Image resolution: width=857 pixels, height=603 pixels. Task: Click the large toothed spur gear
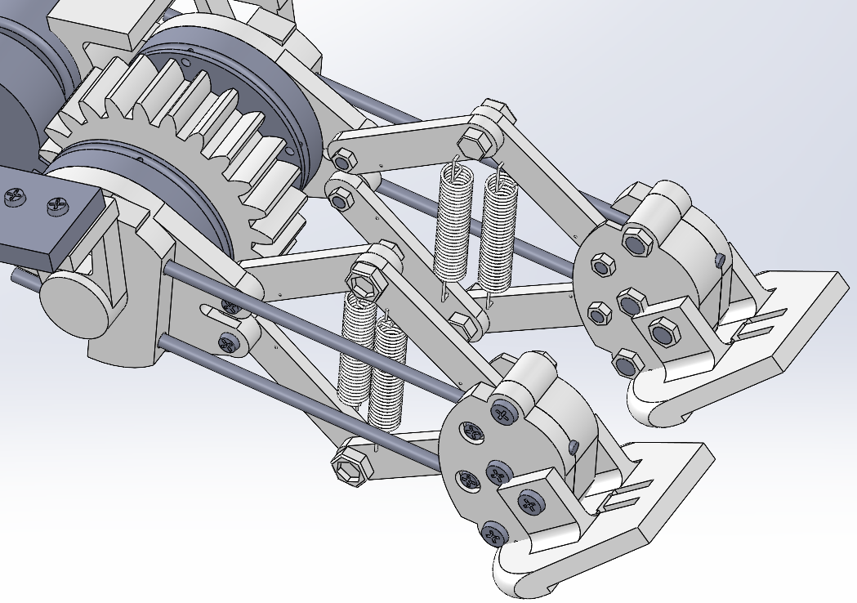[196, 147]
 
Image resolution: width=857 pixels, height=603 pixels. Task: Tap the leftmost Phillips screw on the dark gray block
[15, 197]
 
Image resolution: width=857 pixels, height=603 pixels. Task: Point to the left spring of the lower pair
[353, 351]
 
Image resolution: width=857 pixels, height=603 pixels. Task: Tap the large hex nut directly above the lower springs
[364, 280]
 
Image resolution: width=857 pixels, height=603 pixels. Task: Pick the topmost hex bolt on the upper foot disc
[635, 242]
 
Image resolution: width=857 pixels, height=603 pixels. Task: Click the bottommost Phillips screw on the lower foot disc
[493, 534]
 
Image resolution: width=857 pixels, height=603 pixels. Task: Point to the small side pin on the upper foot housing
[719, 260]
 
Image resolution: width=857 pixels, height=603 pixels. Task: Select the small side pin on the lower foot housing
[574, 446]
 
